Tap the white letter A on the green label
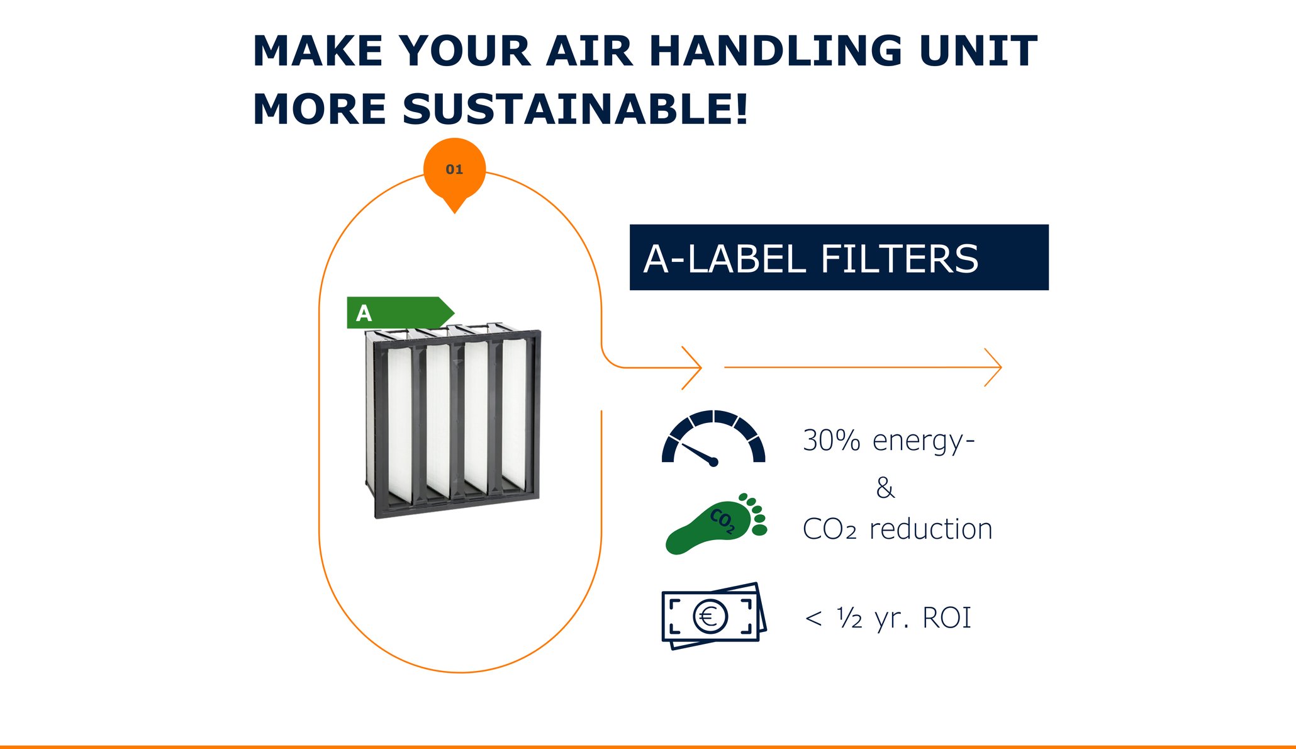[364, 313]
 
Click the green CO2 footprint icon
[716, 523]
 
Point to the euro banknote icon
[714, 616]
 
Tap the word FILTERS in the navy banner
[899, 259]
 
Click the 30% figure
[831, 440]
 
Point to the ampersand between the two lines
[885, 488]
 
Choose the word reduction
[930, 529]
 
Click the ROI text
[946, 618]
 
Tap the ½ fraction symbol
[849, 617]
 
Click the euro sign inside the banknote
[709, 616]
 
